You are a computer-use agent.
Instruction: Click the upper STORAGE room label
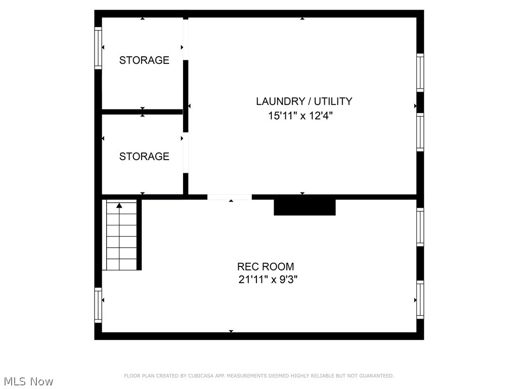click(x=144, y=60)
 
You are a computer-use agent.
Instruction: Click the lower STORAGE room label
click(x=144, y=157)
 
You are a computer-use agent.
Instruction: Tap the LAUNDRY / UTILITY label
click(x=304, y=101)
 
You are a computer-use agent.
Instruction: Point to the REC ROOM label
click(x=266, y=266)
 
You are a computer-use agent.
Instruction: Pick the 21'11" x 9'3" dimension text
click(x=268, y=279)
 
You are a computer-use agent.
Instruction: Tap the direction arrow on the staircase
click(x=119, y=206)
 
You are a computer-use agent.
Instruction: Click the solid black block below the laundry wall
click(x=305, y=207)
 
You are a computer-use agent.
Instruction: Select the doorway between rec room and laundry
click(x=229, y=197)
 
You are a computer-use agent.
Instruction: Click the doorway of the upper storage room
click(x=186, y=40)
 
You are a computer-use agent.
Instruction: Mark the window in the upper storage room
click(x=98, y=48)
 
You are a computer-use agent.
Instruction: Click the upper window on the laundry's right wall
click(x=420, y=72)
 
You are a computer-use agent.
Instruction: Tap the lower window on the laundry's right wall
click(x=420, y=132)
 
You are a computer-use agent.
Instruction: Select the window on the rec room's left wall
click(x=98, y=305)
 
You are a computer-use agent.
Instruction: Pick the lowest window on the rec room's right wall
click(x=420, y=299)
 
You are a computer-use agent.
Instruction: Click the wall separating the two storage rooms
click(x=142, y=111)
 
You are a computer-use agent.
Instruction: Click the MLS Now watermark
click(x=28, y=381)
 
